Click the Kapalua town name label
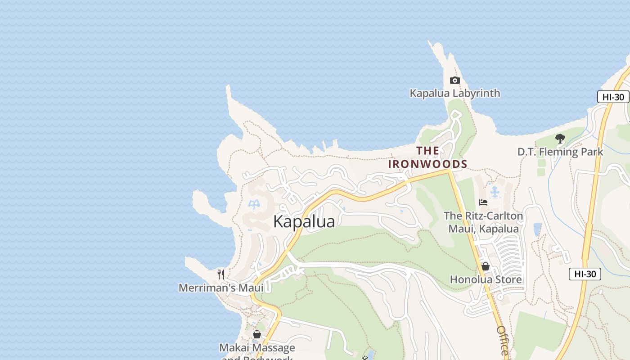tap(304, 222)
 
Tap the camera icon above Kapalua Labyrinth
tap(454, 81)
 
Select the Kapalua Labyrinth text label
tap(454, 93)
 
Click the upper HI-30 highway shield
tap(613, 97)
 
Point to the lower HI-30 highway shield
tap(585, 274)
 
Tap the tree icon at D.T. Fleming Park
tap(560, 139)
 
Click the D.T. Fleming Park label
tap(560, 152)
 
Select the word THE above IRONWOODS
tap(427, 151)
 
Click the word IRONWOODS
tap(427, 164)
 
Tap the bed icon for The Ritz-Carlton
tap(483, 202)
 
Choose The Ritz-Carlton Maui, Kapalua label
tap(483, 222)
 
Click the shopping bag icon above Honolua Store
tap(485, 266)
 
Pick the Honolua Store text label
tap(486, 279)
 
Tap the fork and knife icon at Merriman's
tap(221, 274)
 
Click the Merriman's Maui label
tap(221, 288)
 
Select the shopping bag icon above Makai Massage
tap(257, 334)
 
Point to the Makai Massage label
tap(257, 348)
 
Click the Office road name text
tap(503, 340)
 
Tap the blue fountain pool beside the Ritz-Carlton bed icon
tap(495, 193)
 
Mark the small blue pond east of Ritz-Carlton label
tap(537, 229)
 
